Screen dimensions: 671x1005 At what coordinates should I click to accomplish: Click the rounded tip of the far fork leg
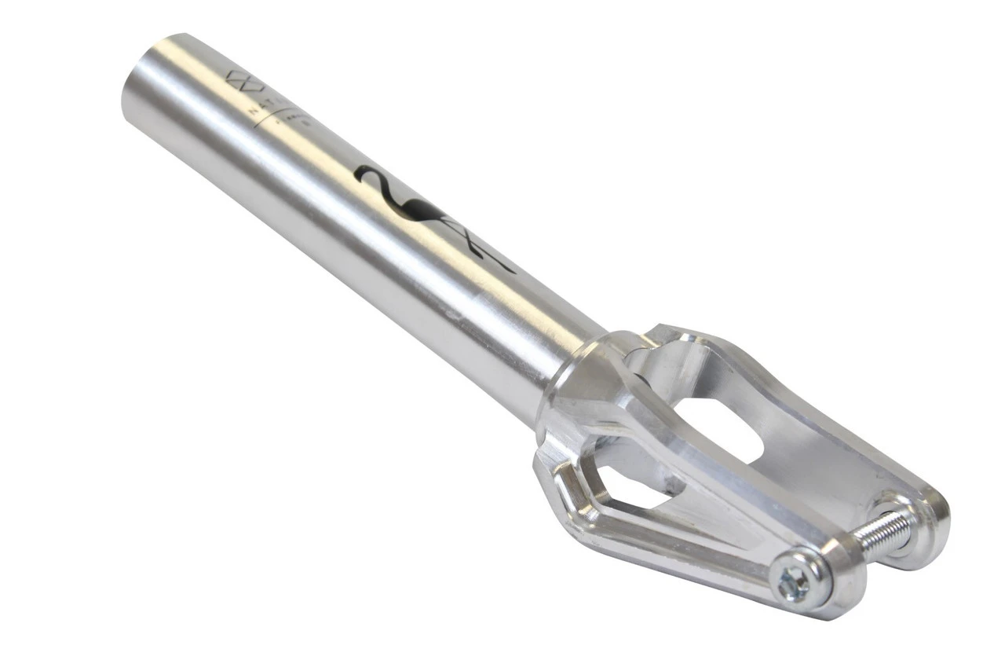click(926, 526)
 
